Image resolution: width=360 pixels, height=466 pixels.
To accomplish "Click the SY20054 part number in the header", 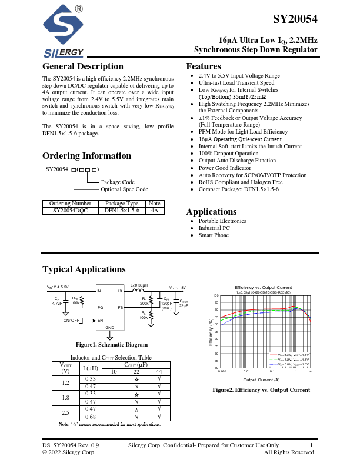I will point(295,19).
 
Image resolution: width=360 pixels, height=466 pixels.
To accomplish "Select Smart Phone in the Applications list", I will point(214,235).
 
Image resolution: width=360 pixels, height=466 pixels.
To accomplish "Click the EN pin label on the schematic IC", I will point(101,320).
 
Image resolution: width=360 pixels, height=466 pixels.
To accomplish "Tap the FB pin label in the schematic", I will point(120,308).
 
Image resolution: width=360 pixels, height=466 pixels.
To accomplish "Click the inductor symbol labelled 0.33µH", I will point(138,291).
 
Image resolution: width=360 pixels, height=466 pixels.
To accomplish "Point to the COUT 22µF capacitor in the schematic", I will point(183,302).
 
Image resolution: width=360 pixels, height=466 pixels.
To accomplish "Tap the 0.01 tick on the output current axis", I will point(246,372).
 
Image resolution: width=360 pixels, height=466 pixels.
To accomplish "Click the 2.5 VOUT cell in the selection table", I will point(65,412).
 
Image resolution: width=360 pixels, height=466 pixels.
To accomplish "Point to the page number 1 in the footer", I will point(311,445).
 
